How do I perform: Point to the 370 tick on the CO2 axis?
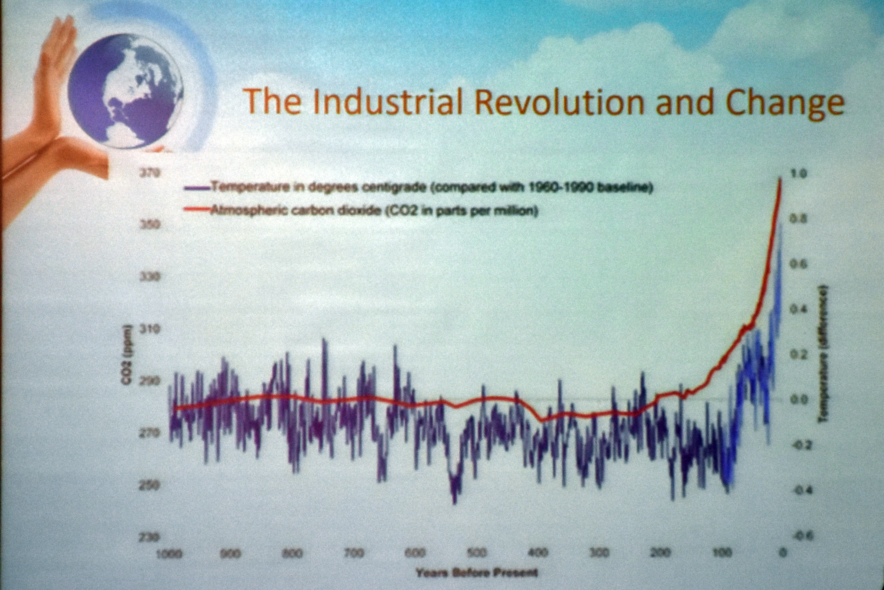click(150, 173)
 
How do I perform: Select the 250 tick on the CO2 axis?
click(150, 485)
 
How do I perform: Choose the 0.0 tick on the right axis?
click(798, 400)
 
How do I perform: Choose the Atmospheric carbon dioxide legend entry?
click(361, 210)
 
